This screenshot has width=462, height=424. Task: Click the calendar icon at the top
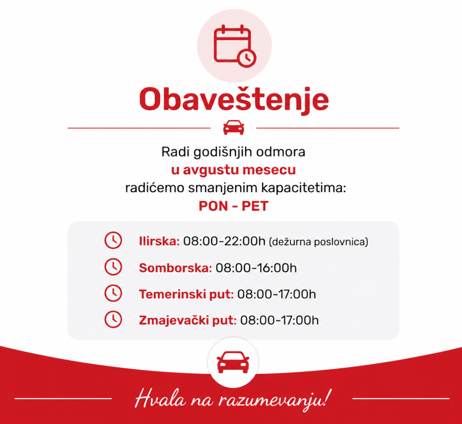235,46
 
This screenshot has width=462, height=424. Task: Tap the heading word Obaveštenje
234,99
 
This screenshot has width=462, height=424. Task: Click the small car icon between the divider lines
234,128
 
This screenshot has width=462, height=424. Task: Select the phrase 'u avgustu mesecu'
233,170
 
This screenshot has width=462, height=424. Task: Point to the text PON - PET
233,206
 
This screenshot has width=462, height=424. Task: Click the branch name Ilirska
159,241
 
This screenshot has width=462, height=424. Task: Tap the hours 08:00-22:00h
224,241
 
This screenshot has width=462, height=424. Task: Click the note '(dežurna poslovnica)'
319,242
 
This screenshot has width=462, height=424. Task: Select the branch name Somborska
176,268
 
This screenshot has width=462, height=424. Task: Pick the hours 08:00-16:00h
256,268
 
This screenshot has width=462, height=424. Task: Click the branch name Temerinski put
186,294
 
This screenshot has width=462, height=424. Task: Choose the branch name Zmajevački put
188,320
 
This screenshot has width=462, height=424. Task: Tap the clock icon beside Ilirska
113,240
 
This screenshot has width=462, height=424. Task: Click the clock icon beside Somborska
113,267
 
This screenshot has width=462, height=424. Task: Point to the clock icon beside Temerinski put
113,293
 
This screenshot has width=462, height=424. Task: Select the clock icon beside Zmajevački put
113,319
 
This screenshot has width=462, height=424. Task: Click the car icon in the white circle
233,362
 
